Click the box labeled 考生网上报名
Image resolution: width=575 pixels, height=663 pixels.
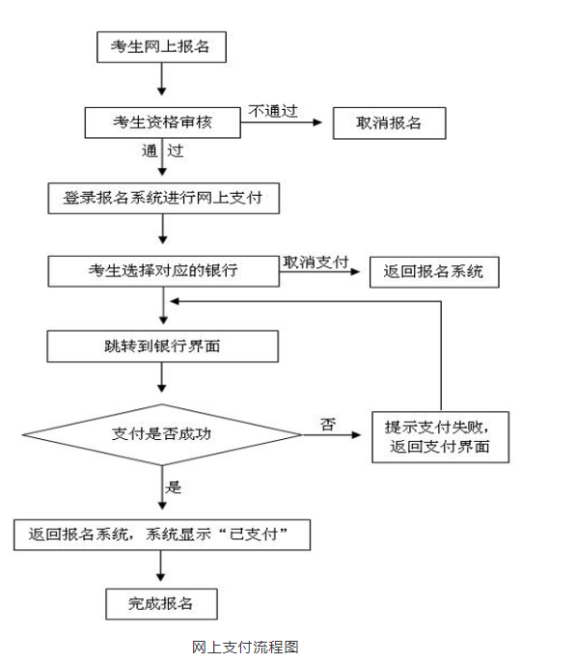tap(161, 47)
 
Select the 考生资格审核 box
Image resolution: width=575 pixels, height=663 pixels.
tap(163, 123)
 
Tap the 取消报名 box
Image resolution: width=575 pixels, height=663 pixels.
tap(390, 123)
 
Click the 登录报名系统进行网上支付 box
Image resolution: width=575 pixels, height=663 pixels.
tap(164, 198)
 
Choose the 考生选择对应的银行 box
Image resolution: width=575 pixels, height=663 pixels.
tap(164, 271)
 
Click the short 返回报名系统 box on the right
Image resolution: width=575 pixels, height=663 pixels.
tap(434, 272)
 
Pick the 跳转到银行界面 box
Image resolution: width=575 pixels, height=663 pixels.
tap(163, 346)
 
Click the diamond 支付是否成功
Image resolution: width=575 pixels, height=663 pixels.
tap(162, 434)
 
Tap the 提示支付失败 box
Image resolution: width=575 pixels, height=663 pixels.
tap(441, 437)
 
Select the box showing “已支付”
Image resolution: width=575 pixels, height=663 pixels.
tap(162, 535)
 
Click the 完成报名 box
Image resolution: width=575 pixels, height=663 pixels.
tap(161, 604)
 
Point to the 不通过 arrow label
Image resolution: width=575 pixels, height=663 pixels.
tap(273, 111)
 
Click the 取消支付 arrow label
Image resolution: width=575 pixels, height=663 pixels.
tap(315, 262)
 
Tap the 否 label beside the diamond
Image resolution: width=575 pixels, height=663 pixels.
tap(328, 424)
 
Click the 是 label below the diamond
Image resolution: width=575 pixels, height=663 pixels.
tap(173, 487)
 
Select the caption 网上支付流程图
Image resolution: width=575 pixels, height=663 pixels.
tap(245, 647)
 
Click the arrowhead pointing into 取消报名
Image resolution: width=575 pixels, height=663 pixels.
tap(317, 123)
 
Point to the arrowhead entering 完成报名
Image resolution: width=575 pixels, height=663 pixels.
tap(161, 577)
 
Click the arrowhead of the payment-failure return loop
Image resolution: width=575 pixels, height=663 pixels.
tap(175, 301)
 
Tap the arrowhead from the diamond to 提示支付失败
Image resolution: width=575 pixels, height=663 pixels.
tap(356, 434)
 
